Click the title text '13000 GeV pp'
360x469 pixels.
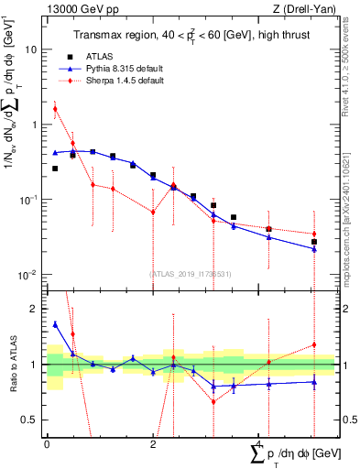tap(74, 9)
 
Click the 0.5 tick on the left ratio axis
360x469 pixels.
tap(34, 420)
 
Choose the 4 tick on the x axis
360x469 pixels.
tap(258, 443)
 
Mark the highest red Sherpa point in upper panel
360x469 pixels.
tap(55, 109)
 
